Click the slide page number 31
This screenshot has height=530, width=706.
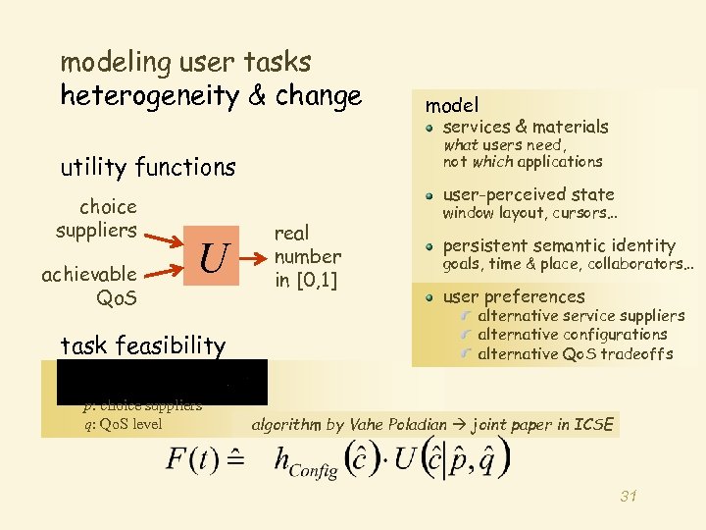coord(629,496)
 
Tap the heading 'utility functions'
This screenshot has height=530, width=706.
coord(148,168)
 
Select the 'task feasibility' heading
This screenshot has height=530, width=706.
coord(143,345)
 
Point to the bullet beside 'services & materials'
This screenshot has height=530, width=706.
coord(430,127)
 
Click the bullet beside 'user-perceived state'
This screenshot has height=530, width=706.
coord(430,194)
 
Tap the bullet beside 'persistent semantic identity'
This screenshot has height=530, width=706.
coord(430,245)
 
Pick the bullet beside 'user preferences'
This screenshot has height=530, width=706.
coord(430,296)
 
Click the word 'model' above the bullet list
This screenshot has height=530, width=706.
coord(452,105)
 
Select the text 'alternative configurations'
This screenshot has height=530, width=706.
coord(573,335)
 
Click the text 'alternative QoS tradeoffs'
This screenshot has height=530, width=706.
coord(575,354)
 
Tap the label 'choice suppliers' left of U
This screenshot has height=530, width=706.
coord(96,219)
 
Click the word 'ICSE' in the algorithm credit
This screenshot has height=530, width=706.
coord(593,425)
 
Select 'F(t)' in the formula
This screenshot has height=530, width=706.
coord(191,460)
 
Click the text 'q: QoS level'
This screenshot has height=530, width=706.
coord(124,424)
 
